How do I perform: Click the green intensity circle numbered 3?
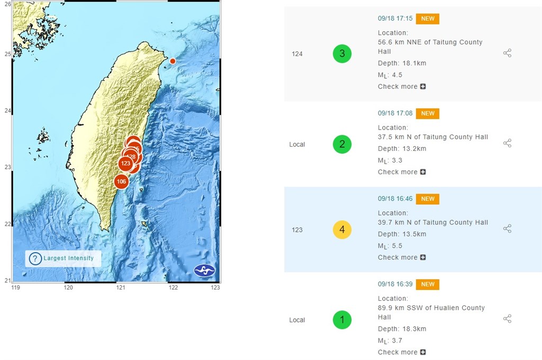click(342, 53)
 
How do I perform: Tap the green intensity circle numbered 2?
click(342, 144)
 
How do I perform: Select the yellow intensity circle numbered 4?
click(342, 230)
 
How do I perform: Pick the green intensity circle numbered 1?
click(342, 320)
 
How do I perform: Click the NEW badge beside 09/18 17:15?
click(428, 19)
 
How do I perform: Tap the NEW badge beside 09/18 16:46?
click(428, 199)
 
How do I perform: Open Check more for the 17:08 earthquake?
click(401, 172)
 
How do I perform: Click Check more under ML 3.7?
click(401, 352)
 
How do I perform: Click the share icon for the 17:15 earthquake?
click(507, 53)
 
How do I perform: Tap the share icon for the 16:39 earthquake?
click(507, 319)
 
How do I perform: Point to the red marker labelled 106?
click(121, 182)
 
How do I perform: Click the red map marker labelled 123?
click(125, 164)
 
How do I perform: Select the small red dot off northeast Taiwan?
click(173, 61)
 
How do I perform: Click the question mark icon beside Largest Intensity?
click(35, 258)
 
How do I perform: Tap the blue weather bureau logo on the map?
click(205, 270)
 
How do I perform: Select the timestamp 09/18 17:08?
click(395, 113)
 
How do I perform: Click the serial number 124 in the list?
click(297, 53)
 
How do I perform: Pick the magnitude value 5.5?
click(397, 246)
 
